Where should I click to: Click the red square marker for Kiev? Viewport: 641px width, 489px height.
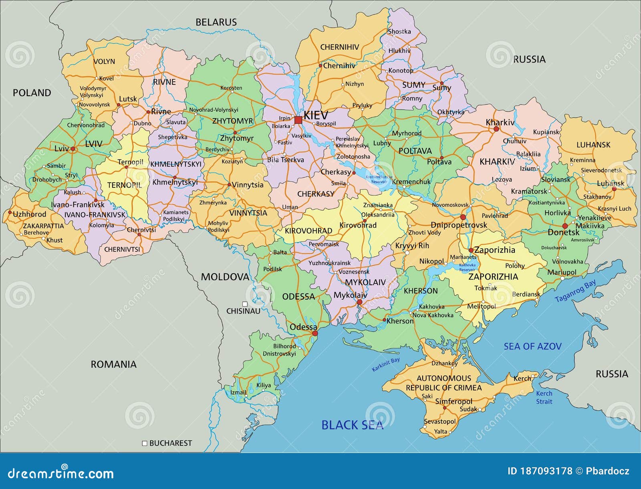298,120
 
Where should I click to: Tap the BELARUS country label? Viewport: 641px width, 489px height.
216,22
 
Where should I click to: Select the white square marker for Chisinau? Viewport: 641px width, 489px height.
245,304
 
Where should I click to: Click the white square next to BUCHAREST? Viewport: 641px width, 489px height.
145,443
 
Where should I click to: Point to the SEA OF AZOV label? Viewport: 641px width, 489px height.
532,346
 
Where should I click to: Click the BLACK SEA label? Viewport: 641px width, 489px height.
352,425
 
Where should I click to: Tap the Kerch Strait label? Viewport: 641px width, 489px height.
544,397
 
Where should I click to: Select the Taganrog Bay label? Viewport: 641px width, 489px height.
575,291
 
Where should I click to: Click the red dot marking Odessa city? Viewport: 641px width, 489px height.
315,333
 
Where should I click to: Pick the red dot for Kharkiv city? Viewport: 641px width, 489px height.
496,129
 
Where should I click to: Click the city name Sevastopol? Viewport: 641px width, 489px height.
440,421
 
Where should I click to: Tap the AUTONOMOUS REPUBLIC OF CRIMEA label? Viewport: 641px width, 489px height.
444,383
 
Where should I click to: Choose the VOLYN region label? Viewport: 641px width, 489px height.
104,62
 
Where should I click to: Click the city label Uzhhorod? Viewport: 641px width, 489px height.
30,214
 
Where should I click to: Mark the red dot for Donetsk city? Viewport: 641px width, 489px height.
565,226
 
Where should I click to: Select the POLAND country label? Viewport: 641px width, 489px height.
32,93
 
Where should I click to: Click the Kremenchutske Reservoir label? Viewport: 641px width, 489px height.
379,179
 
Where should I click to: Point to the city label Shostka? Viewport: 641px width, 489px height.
399,31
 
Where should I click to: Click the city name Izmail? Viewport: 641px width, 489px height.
238,392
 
